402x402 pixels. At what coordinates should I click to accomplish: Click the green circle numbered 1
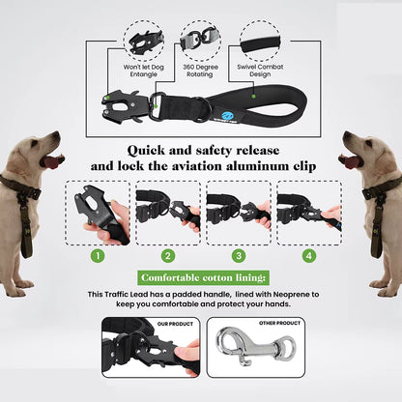[97, 256]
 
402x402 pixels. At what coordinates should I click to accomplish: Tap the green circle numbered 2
[168, 256]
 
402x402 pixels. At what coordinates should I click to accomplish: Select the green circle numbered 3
[238, 256]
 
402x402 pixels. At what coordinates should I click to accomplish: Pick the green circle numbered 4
[308, 256]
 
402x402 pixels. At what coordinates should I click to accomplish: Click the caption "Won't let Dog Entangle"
[143, 71]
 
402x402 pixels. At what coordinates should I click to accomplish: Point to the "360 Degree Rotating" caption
[201, 71]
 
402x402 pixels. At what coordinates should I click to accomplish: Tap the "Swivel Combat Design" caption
[259, 71]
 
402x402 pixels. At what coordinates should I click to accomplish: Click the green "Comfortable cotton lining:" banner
[201, 277]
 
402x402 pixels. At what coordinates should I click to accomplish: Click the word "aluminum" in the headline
[244, 165]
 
